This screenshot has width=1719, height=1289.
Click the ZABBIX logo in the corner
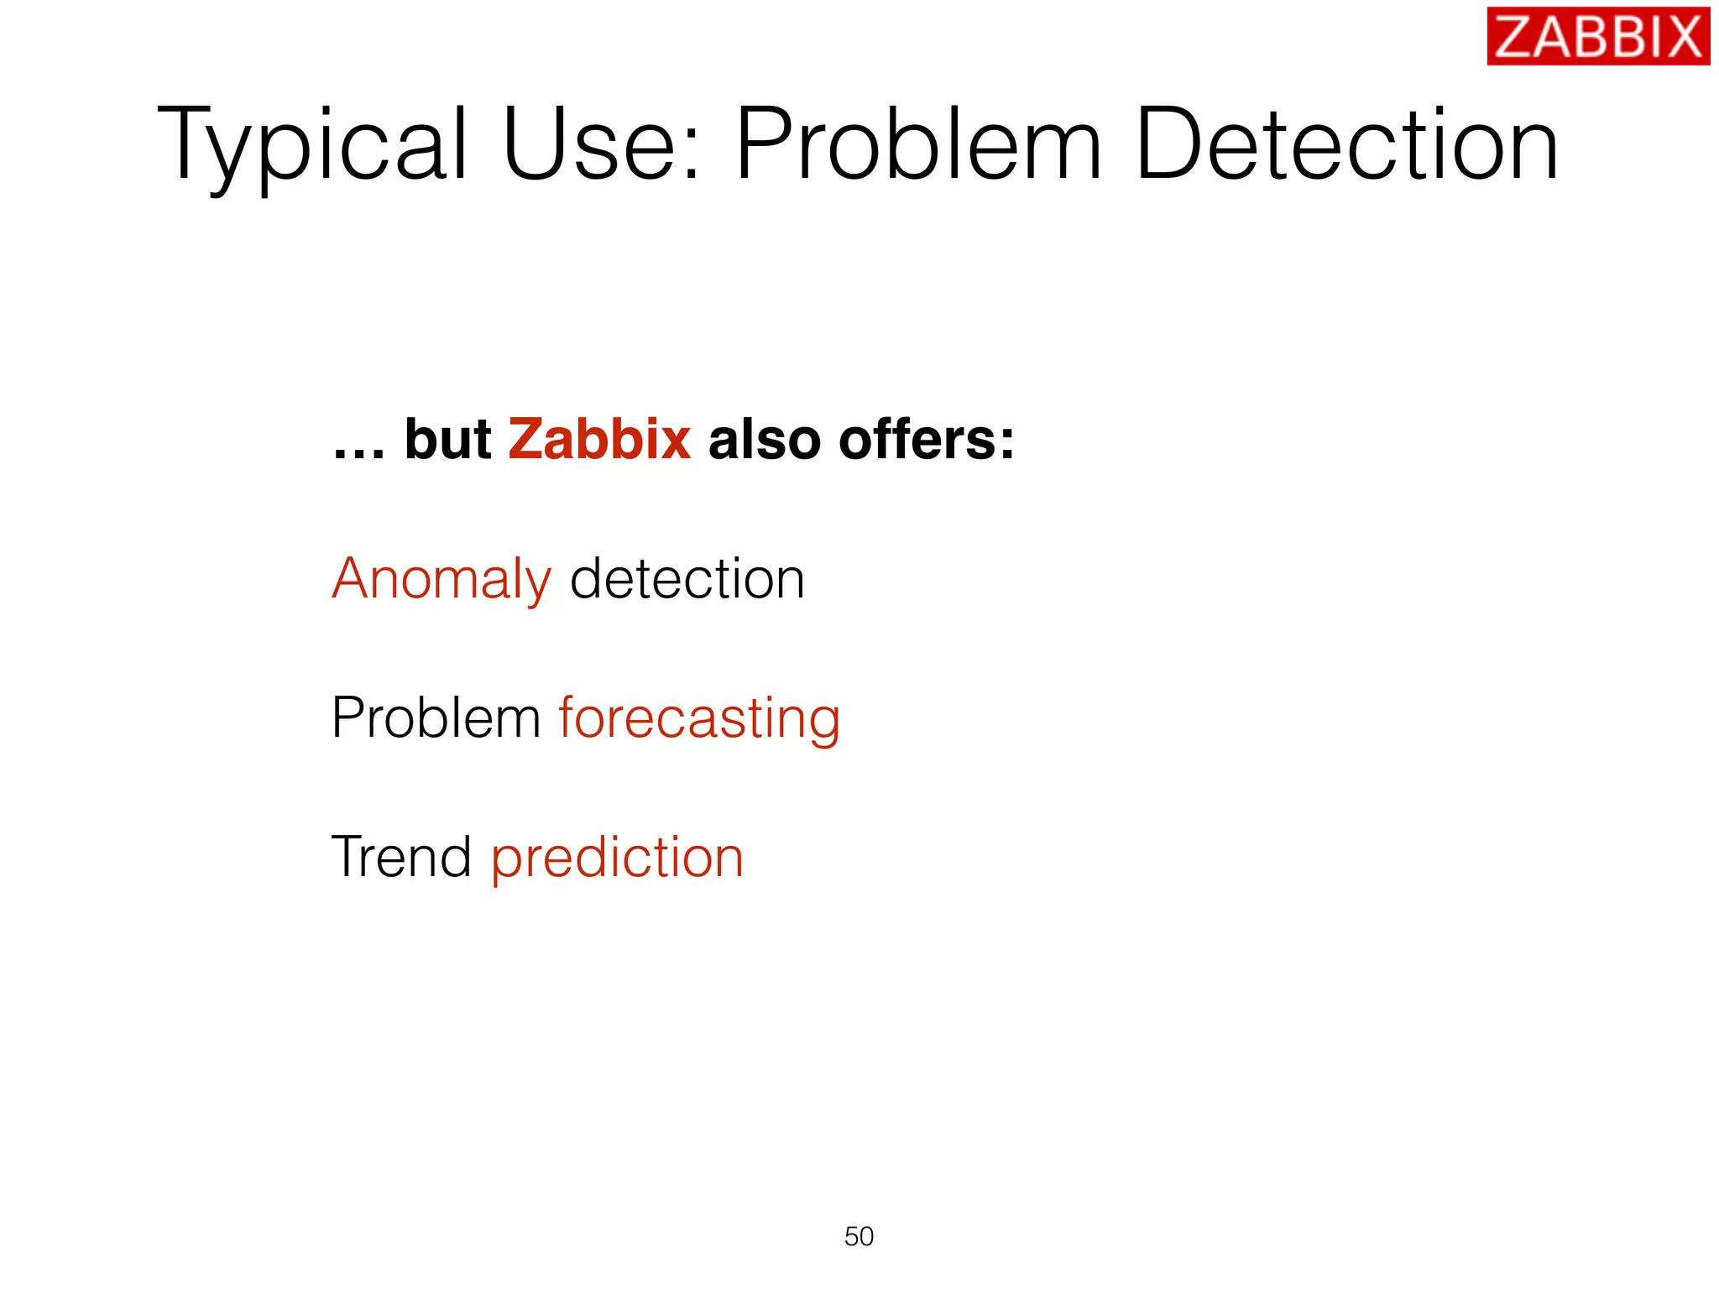pos(1597,37)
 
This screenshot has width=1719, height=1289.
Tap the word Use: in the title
pos(601,144)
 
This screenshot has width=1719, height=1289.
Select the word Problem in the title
pos(918,144)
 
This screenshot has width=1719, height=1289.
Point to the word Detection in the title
pos(1346,144)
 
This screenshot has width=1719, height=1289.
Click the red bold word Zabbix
pos(599,440)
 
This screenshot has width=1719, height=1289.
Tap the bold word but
pos(447,440)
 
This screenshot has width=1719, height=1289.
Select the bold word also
pos(764,440)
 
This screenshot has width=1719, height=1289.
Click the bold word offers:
pos(927,440)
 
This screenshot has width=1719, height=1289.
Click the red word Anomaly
pos(442,580)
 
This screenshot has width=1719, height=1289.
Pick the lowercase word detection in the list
pos(687,579)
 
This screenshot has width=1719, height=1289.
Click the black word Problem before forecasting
pos(436,718)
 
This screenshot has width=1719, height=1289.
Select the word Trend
pos(402,858)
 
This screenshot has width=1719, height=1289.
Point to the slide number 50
pos(859,1236)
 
